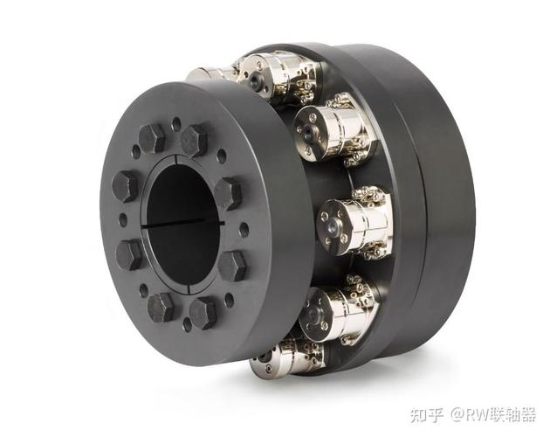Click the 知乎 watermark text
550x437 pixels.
point(427,415)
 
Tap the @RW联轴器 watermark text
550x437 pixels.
point(493,415)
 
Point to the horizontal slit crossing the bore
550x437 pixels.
point(183,223)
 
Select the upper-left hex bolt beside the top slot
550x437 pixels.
point(152,138)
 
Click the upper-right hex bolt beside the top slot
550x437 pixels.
point(194,141)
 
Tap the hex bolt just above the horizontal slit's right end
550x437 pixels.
point(229,193)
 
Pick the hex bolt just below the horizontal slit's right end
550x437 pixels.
point(232,265)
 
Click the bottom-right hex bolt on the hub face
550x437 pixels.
point(203,313)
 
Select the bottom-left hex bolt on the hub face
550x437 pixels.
point(162,307)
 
